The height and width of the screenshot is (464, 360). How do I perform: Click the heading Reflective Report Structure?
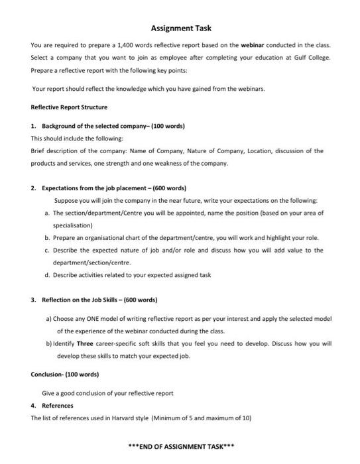[69, 107]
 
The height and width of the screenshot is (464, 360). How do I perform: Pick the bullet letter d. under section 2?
[47, 274]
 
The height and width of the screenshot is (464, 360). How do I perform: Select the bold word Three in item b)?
[85, 344]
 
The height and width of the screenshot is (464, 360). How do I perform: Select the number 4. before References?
[33, 405]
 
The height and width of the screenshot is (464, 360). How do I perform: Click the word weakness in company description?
[172, 162]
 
